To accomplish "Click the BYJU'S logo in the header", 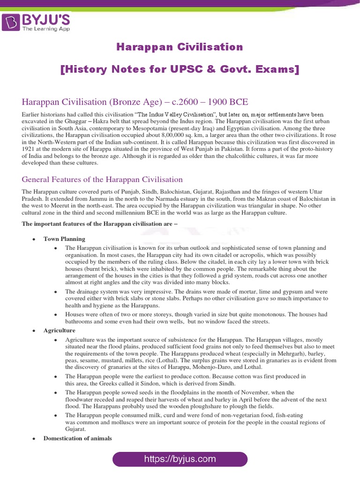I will point(37,22).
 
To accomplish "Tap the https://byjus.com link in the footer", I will point(180,459).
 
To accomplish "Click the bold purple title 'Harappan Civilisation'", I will point(180,47).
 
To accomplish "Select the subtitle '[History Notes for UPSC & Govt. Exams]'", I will point(180,70).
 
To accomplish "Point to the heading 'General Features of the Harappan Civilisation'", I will point(102,180).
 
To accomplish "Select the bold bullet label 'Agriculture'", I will point(60,330).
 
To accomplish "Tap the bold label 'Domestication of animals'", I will point(78,438).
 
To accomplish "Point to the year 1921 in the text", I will point(29,149).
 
